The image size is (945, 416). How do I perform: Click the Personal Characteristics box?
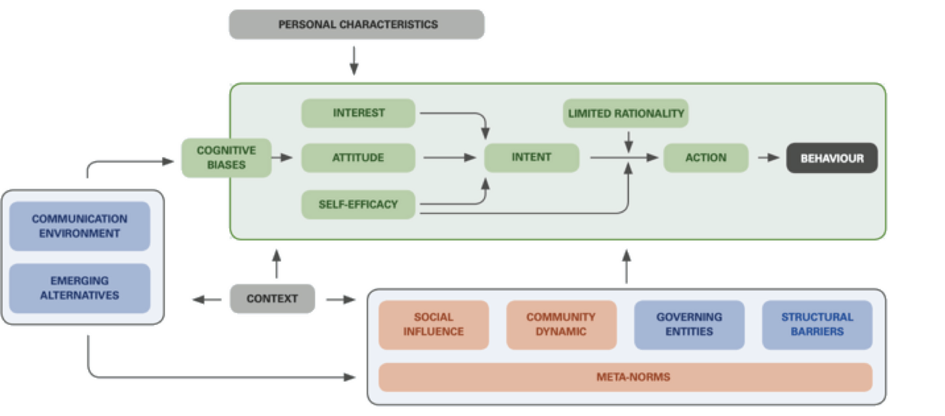356,24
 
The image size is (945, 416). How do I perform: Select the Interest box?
358,113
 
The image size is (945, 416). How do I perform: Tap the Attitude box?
358,158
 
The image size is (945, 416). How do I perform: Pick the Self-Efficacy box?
358,204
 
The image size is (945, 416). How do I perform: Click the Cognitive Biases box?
226,158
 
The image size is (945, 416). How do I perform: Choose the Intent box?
531,157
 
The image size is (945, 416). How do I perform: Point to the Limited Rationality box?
625,113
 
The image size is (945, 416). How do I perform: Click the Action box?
706,158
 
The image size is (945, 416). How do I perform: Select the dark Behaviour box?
832,158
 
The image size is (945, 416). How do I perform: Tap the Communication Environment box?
79,226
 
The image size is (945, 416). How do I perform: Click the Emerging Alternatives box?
79,288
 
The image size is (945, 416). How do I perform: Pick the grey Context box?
272,298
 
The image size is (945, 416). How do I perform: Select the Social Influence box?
434,324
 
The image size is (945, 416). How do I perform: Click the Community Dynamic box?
561,324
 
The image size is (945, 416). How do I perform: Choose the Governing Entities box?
689,324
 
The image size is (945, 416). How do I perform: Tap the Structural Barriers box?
817,324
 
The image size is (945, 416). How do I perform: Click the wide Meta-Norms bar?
625,377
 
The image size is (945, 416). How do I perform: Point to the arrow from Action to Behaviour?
768,158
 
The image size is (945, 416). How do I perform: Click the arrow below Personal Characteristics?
354,60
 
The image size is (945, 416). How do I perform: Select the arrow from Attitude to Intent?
449,158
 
